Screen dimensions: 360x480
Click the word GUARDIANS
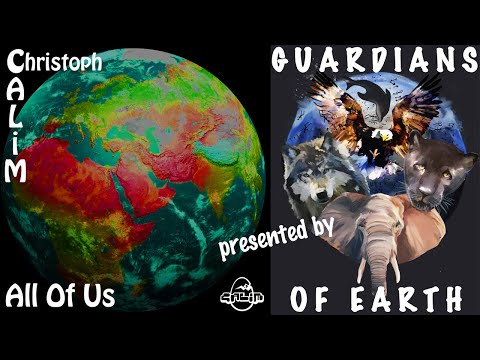(x=374, y=59)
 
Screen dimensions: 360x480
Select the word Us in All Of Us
(x=100, y=297)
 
